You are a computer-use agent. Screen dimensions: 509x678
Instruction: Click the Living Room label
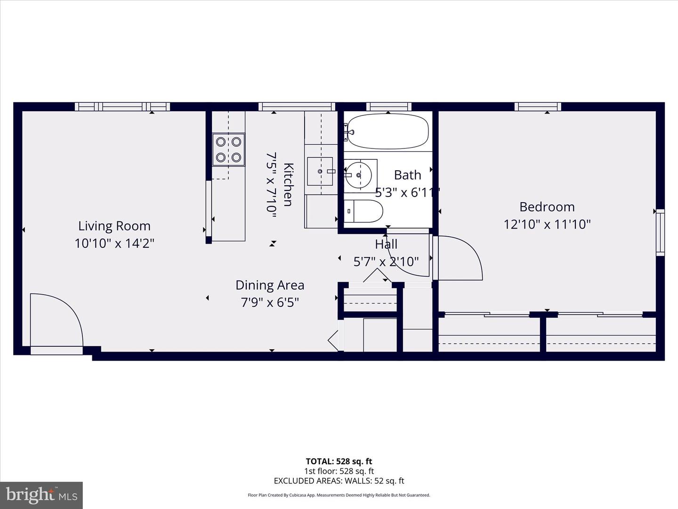click(x=114, y=226)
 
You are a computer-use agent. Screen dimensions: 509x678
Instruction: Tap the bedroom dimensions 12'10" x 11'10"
click(x=547, y=224)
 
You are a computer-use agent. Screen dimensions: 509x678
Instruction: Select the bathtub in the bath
click(x=388, y=131)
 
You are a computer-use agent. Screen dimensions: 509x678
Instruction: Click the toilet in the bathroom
click(x=363, y=212)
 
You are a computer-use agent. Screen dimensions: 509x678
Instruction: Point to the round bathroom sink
click(x=358, y=175)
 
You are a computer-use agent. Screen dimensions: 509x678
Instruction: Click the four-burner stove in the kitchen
click(x=228, y=149)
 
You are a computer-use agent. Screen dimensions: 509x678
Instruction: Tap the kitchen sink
click(x=320, y=172)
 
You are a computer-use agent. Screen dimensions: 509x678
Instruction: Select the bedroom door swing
click(x=459, y=258)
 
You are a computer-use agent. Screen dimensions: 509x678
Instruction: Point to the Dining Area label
click(x=270, y=285)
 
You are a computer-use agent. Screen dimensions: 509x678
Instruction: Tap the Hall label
click(x=386, y=244)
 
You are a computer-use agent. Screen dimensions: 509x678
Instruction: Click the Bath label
click(x=407, y=175)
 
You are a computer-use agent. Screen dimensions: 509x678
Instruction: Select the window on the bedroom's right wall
click(x=660, y=233)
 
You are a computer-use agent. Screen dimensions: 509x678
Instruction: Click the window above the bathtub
click(x=388, y=107)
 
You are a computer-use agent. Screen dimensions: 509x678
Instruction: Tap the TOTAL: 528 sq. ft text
click(x=339, y=461)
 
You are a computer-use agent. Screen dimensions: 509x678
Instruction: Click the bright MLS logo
click(x=41, y=495)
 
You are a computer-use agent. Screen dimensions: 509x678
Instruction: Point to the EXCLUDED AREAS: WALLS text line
click(x=339, y=481)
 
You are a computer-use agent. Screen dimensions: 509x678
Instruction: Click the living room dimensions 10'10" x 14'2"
click(x=114, y=244)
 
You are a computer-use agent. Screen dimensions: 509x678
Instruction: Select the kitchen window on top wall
click(x=296, y=107)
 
